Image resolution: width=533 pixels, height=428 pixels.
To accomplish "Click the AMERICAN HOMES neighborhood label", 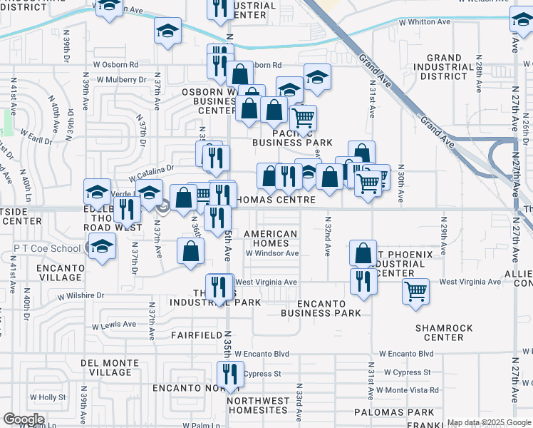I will [x=271, y=239].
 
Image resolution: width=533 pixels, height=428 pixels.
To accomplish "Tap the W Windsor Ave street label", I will [x=272, y=253].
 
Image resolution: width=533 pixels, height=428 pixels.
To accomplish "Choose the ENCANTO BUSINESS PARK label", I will [x=321, y=308].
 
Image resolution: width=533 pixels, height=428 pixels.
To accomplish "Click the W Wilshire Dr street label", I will [x=81, y=295].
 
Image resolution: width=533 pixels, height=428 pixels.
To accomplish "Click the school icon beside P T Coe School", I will [x=103, y=247].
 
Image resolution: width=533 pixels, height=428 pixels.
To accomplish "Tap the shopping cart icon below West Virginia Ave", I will [x=415, y=290].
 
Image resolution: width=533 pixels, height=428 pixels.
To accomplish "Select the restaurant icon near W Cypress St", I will [x=229, y=374].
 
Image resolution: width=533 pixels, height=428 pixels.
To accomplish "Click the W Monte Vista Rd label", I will [x=408, y=390].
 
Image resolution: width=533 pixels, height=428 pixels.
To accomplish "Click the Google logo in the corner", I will [x=24, y=419].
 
